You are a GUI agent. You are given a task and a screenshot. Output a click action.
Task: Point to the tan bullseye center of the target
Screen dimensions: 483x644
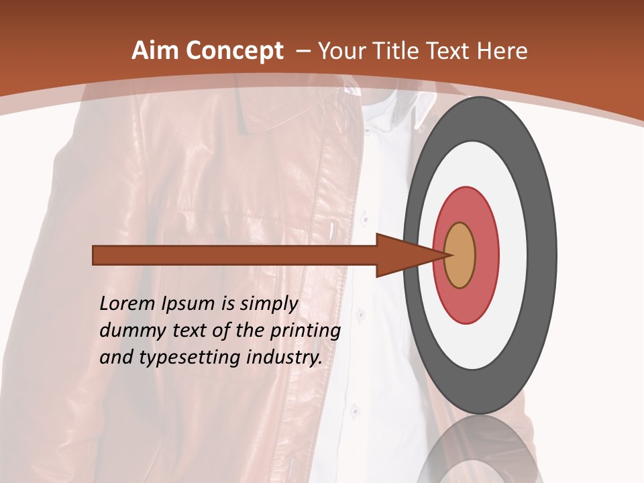click(460, 255)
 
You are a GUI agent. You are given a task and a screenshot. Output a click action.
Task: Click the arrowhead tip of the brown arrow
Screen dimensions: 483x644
click(447, 255)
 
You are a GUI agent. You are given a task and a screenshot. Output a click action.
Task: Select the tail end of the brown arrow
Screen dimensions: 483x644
click(94, 256)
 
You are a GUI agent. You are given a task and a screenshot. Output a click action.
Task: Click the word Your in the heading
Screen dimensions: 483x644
click(341, 51)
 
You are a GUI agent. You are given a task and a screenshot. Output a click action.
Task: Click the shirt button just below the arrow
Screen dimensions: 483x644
click(360, 314)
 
